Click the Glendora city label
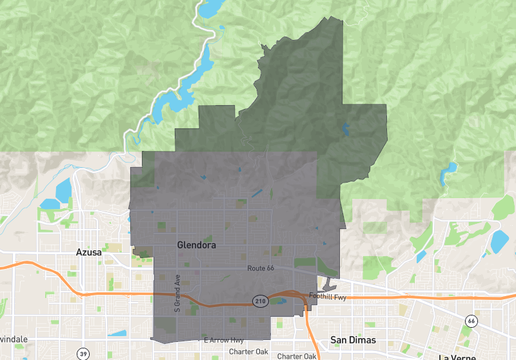tap(196, 244)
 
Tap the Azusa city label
tap(89, 253)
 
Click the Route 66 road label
tap(262, 270)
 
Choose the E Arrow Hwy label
tap(223, 339)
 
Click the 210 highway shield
tap(260, 301)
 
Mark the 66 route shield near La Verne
tap(469, 320)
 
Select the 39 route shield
tap(83, 354)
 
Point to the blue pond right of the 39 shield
tap(118, 334)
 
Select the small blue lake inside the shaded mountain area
tap(346, 129)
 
